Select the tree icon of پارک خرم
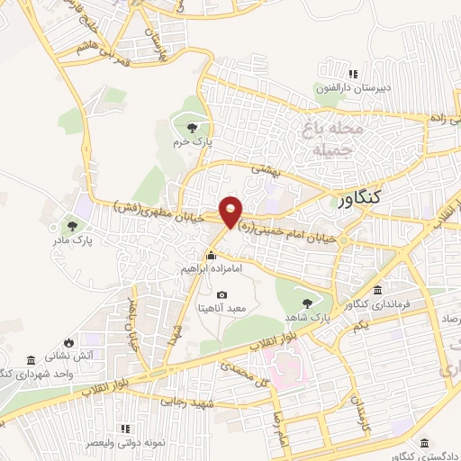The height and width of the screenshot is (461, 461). [190, 128]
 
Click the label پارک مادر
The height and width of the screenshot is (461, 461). [70, 239]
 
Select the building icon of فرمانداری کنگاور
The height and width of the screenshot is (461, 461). [376, 292]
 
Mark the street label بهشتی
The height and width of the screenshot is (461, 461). [267, 168]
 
